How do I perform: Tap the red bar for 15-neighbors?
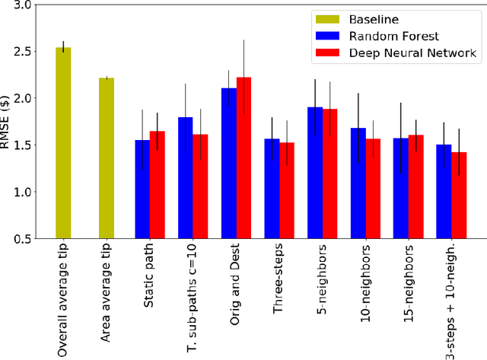(x=416, y=186)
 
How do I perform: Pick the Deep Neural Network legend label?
(x=402, y=53)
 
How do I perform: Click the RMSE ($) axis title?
(x=7, y=122)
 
